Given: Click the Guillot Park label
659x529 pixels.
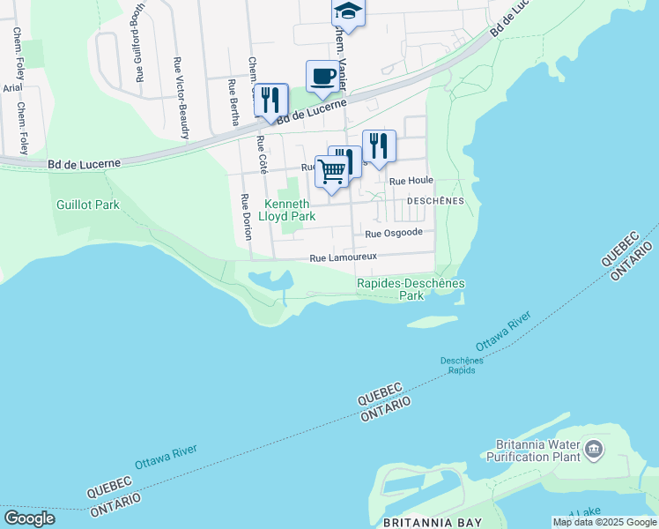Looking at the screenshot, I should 87,205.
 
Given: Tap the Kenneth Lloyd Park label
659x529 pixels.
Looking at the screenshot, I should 291,209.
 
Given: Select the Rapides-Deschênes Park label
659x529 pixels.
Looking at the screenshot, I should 411,289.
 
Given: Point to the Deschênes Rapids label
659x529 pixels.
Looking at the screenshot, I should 458,364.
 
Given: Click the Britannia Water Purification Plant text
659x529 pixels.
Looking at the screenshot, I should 533,451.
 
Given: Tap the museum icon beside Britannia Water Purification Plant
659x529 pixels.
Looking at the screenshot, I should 594,451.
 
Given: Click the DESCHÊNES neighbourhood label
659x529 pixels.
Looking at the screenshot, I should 434,201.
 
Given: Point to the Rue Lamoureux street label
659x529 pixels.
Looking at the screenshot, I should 343,257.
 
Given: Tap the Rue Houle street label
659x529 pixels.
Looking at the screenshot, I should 411,180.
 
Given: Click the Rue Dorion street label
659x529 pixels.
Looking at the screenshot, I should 246,217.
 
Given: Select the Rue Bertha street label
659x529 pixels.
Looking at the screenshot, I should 233,102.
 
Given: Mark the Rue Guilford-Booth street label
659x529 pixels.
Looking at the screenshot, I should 139,42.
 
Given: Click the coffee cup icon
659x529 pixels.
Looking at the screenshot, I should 322,76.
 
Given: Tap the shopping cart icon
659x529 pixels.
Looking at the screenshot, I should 332,170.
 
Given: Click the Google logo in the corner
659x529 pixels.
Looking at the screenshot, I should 29,518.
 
